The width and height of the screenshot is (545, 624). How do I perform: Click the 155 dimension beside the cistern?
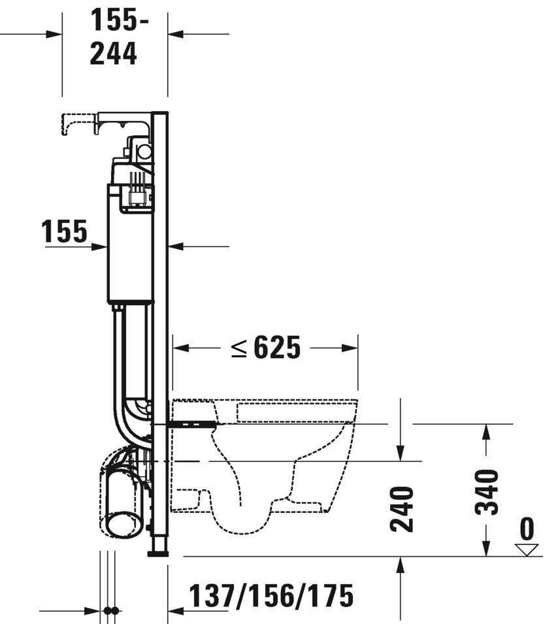(65, 231)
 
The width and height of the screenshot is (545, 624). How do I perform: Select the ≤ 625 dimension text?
(265, 348)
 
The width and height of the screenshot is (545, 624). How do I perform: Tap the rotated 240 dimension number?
(403, 509)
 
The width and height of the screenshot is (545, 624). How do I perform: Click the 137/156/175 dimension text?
(271, 595)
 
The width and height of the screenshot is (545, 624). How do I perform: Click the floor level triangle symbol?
(526, 550)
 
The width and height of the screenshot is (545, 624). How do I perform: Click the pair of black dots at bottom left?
(111, 611)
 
